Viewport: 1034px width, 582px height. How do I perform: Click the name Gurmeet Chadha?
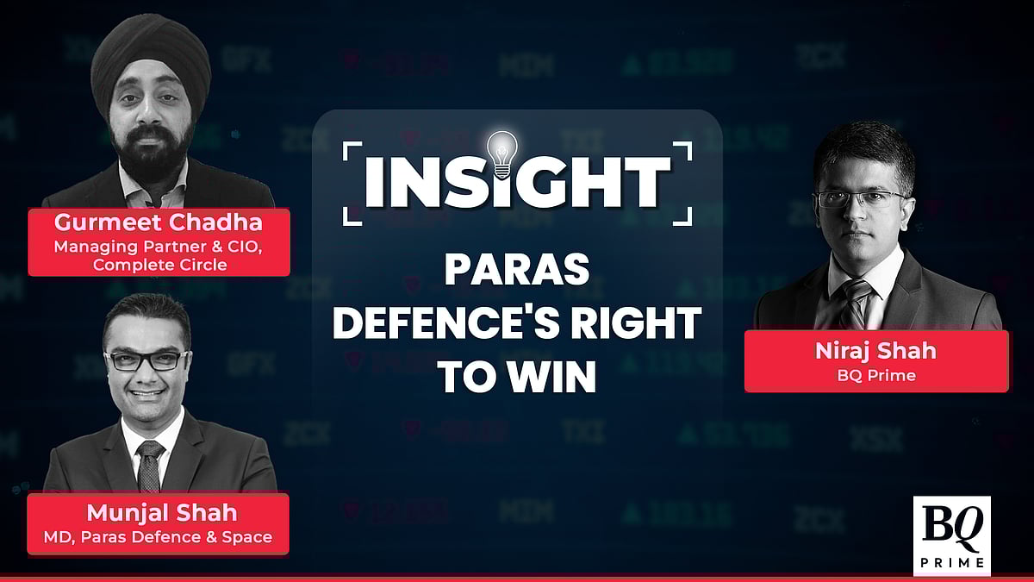click(159, 222)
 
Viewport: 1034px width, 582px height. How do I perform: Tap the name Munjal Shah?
click(162, 513)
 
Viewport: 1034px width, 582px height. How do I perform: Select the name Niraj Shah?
click(875, 351)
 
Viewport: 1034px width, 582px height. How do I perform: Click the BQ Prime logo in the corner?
click(952, 535)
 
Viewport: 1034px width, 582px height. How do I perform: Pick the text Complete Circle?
click(159, 265)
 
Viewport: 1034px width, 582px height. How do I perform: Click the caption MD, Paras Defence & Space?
click(158, 537)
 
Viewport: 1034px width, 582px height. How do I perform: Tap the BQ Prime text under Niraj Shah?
click(876, 375)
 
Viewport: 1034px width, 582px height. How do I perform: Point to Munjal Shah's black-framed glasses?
click(147, 360)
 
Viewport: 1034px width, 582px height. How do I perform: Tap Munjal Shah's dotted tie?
click(150, 466)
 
